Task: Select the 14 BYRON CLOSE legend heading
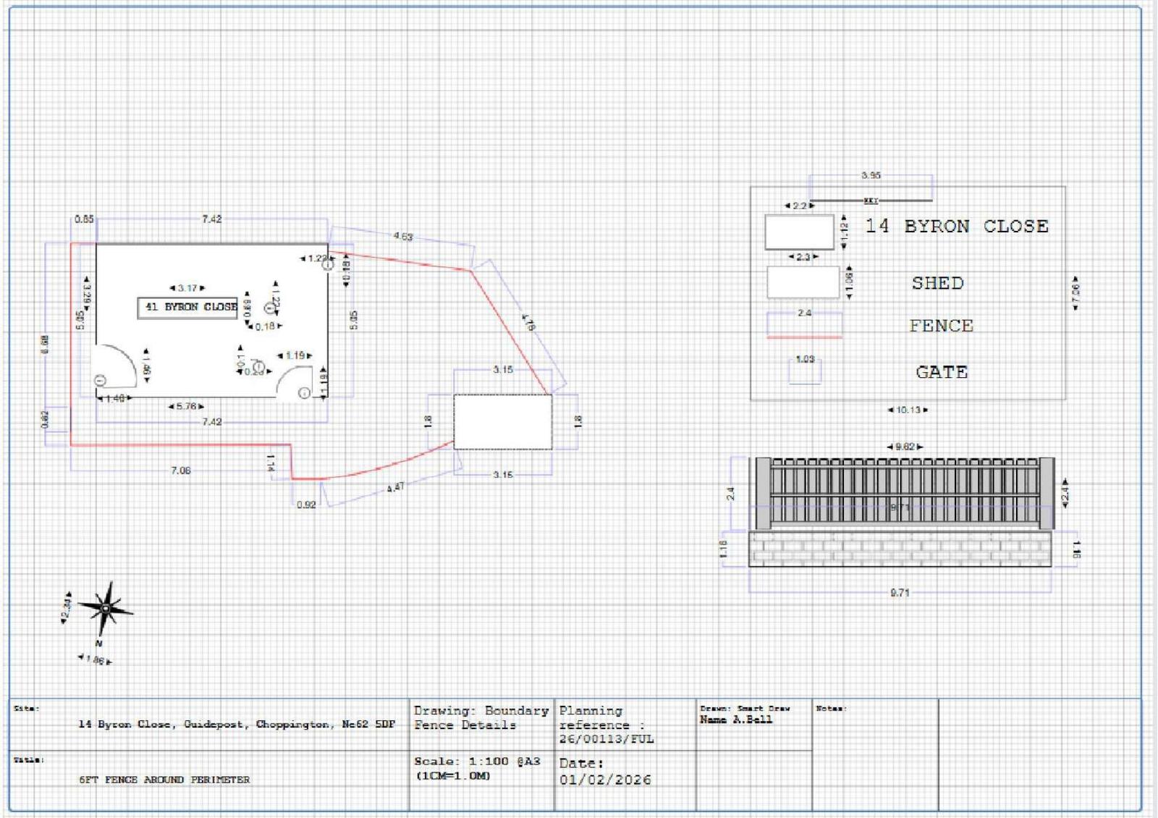(956, 227)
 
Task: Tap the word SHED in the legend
(937, 283)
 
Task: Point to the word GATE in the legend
(941, 372)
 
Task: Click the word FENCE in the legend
(941, 326)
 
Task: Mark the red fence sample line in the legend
(804, 337)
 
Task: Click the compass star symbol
(106, 608)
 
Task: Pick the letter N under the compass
(99, 643)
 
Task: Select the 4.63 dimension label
(403, 237)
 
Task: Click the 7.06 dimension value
(180, 471)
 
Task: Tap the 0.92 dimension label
(306, 505)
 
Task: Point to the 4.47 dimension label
(395, 488)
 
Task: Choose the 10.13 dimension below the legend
(908, 410)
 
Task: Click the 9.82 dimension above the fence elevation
(905, 447)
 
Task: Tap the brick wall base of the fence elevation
(900, 549)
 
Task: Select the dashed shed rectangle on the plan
(502, 421)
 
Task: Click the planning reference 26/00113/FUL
(606, 739)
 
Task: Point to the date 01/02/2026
(605, 780)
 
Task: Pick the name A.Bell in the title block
(736, 720)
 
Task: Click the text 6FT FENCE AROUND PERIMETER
(164, 780)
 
